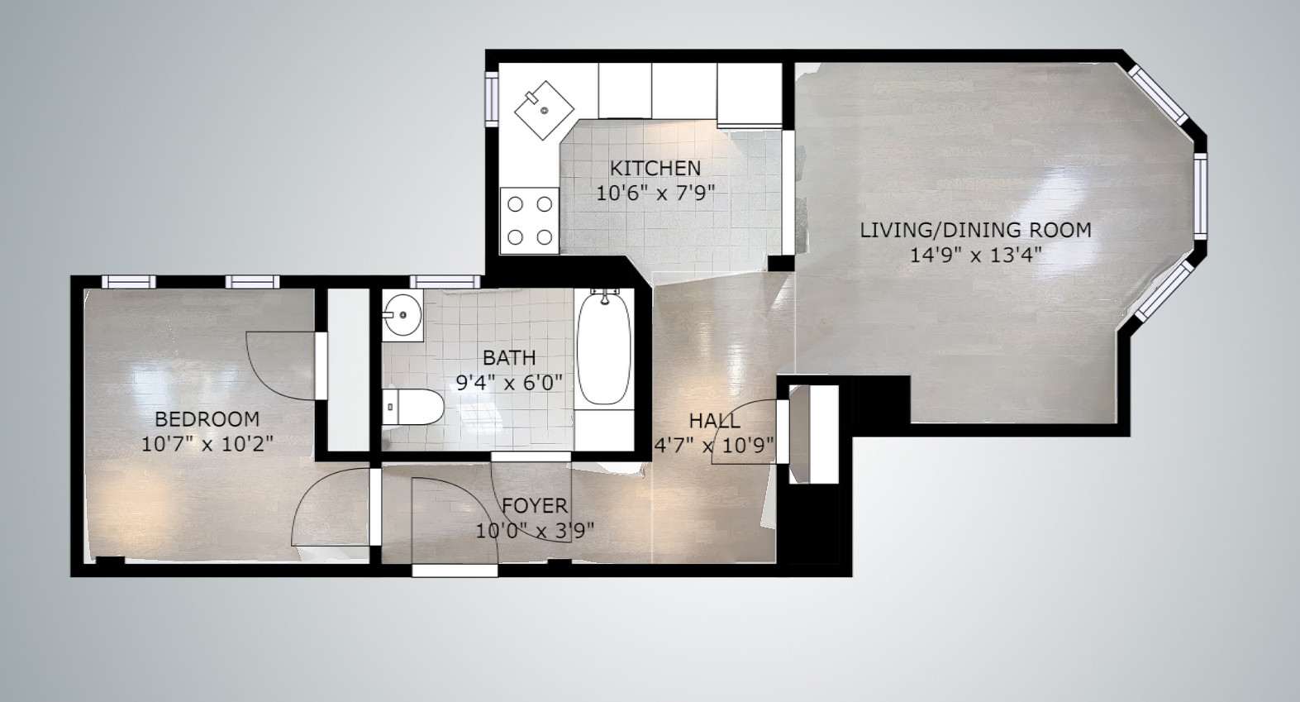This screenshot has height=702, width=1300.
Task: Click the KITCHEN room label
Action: point(655,168)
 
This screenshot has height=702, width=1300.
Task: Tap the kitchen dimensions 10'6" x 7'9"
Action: point(655,193)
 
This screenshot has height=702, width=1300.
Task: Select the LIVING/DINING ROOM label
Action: point(975,230)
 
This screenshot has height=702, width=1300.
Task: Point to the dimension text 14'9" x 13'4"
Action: point(975,255)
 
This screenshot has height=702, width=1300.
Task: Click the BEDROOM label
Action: point(207,418)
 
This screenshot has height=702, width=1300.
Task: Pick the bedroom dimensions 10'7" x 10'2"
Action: point(207,444)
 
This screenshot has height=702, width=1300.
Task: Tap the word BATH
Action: point(509,357)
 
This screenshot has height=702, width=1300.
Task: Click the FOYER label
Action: point(535,505)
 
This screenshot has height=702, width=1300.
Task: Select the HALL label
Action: point(714,420)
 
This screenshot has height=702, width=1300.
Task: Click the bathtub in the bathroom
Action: point(604,348)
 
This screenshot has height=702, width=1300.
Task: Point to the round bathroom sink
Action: point(402,314)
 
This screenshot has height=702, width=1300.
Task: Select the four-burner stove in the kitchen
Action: point(530,220)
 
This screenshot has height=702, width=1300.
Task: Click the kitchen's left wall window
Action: point(492,98)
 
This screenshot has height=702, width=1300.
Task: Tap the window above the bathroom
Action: point(445,282)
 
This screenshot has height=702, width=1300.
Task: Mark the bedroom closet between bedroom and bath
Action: point(348,370)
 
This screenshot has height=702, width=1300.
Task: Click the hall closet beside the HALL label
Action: point(814,433)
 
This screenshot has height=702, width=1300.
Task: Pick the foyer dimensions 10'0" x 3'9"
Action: point(535,531)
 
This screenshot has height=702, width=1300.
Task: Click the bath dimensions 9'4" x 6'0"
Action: point(509,383)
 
